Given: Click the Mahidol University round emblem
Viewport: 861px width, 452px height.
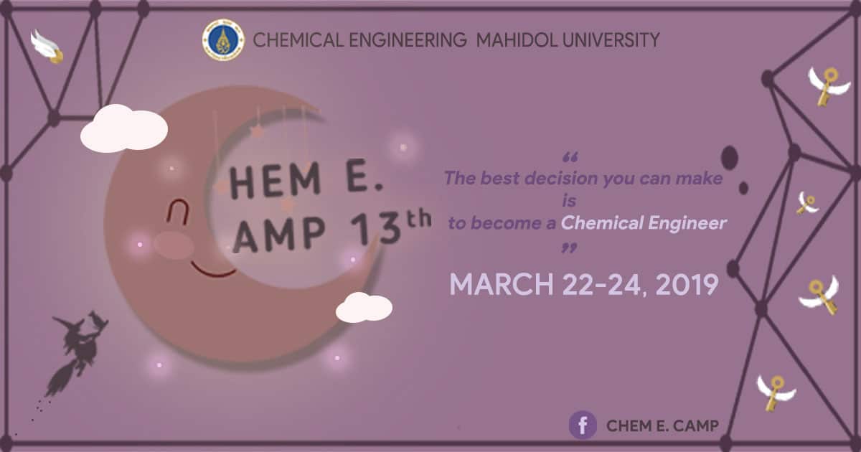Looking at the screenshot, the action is [x=223, y=40].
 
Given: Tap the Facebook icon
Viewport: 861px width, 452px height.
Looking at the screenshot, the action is [x=583, y=425].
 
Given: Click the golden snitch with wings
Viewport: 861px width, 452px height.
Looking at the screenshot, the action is [x=48, y=47].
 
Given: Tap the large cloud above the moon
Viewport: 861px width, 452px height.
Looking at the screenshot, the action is [x=123, y=128].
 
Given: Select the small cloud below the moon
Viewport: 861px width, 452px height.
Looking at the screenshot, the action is [x=364, y=308].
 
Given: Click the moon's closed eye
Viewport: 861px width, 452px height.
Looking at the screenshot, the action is [x=177, y=212].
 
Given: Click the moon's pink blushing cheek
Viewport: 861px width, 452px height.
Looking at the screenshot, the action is [x=174, y=245].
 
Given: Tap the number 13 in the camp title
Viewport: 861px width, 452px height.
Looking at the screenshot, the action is [x=375, y=230].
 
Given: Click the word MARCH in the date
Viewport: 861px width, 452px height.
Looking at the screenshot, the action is [x=502, y=285].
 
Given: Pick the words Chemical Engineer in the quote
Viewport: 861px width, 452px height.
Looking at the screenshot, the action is [x=644, y=223].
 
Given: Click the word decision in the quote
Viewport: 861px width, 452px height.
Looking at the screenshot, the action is [x=562, y=179].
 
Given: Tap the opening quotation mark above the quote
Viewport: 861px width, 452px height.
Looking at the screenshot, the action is [x=570, y=157].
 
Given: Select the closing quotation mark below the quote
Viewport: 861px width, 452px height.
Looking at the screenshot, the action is [x=569, y=248].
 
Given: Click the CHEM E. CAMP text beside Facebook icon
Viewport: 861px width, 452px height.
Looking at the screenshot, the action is [x=662, y=425].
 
